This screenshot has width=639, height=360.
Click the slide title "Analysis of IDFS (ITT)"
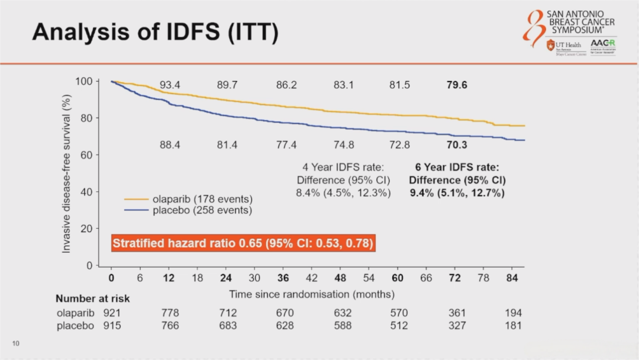pos(155,33)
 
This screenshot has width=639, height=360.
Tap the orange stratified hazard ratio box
pos(243,243)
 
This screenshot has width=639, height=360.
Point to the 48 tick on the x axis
pos(340,278)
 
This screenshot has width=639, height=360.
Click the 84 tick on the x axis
pos(512,278)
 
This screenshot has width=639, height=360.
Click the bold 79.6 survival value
pos(457,85)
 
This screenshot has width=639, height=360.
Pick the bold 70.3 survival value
pos(457,144)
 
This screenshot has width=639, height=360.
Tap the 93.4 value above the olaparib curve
pos(170,85)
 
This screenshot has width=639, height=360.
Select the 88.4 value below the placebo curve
pos(170,144)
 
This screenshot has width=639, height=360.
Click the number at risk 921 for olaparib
pos(112,313)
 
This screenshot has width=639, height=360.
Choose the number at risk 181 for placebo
pos(514,325)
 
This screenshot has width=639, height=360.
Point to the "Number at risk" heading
pos(92,299)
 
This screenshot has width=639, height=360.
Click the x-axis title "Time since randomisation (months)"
pos(312,294)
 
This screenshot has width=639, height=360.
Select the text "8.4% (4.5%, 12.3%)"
pos(343,192)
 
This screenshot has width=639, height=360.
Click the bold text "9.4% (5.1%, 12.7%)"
pos(457,192)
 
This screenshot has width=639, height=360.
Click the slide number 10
pos(16,343)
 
